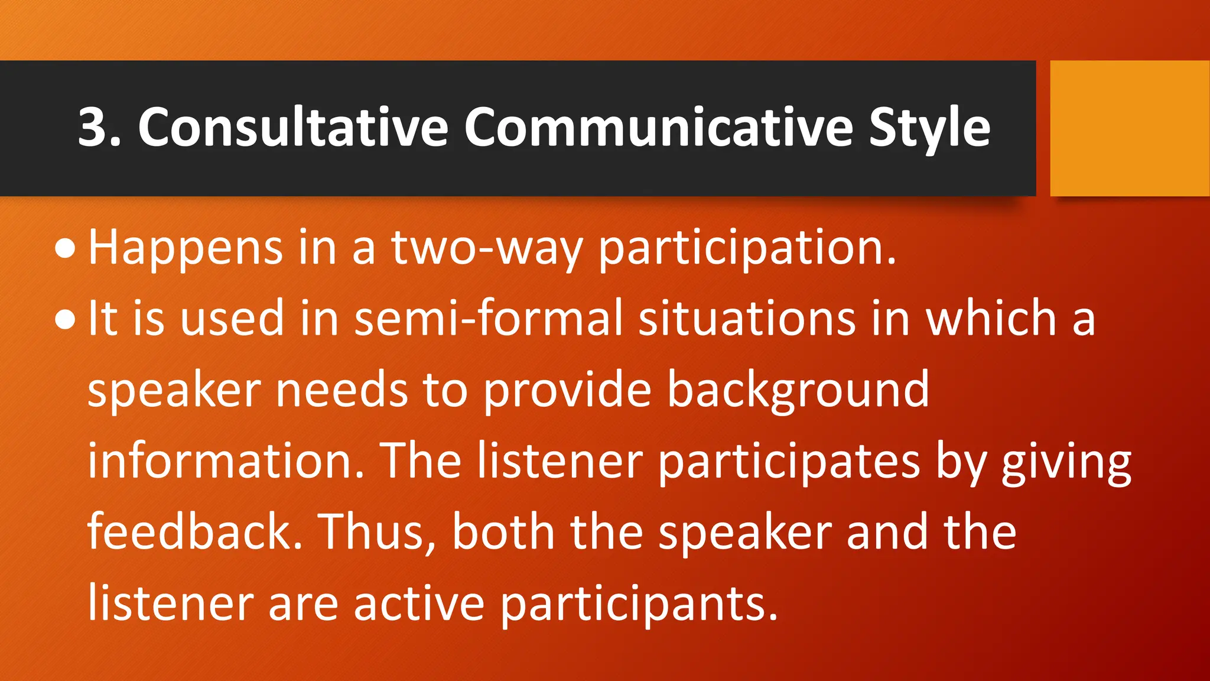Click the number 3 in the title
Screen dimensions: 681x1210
pos(93,127)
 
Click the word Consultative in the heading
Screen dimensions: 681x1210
pos(293,127)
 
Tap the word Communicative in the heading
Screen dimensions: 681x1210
pos(658,127)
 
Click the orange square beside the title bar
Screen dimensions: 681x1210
pos(1129,128)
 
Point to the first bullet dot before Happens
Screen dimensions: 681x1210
pos(65,249)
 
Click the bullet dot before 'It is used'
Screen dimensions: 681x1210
pos(65,320)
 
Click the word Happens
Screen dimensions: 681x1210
pos(186,248)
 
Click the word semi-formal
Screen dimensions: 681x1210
pos(488,319)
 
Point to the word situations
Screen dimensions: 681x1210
pos(747,319)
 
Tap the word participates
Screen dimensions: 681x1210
pos(789,462)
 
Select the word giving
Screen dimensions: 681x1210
pos(1066,462)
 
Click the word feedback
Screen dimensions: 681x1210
pos(195,532)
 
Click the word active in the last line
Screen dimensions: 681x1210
pos(419,604)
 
